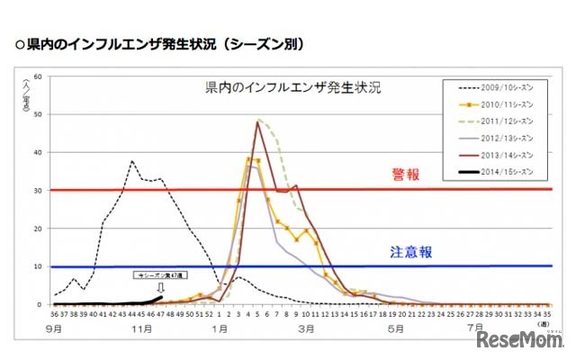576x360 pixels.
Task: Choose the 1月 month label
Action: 220,328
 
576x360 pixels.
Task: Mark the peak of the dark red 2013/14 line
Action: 257,121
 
